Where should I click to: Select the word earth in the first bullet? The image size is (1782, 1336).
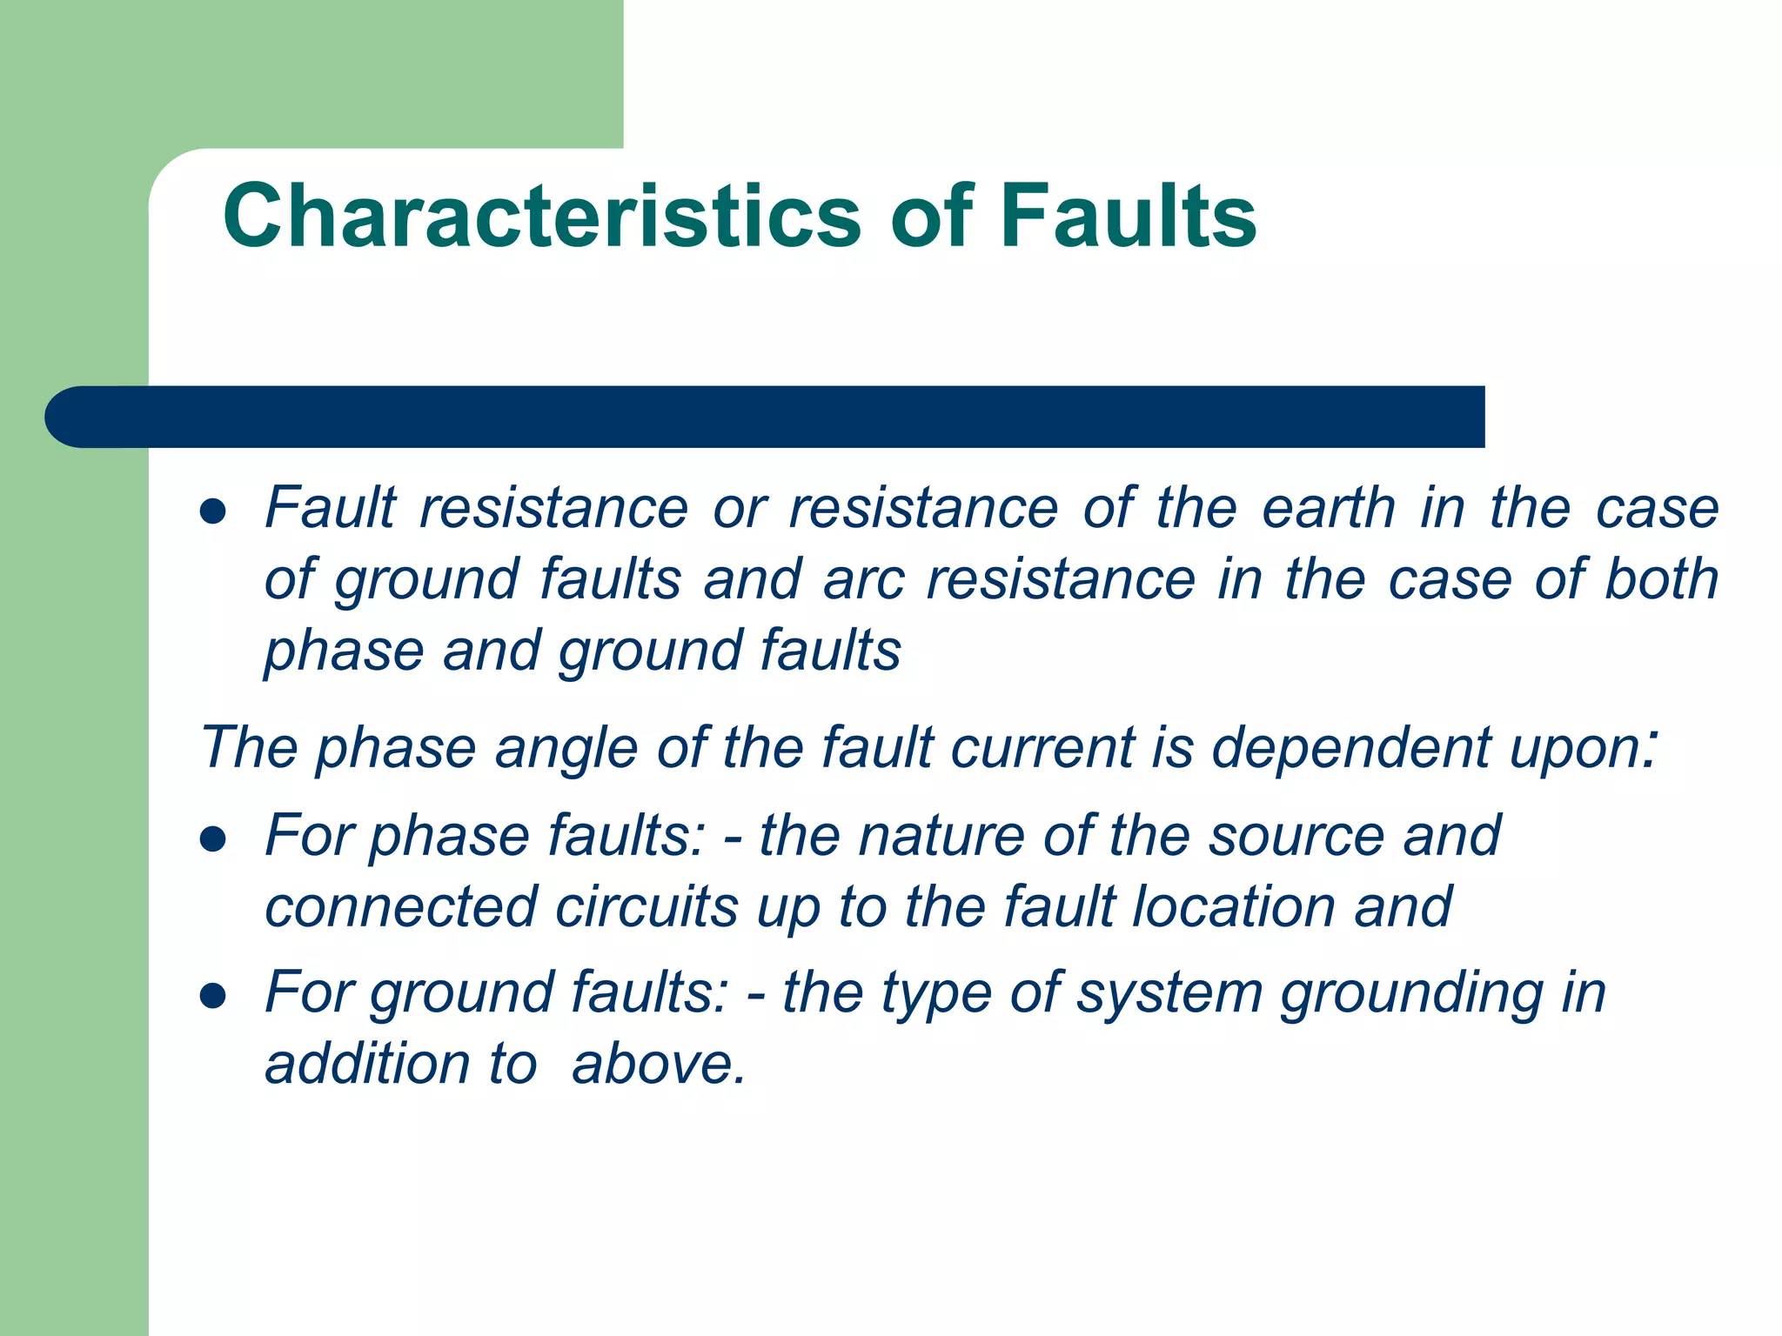pyautogui.click(x=1328, y=508)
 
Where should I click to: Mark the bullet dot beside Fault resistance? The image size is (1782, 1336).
pyautogui.click(x=213, y=511)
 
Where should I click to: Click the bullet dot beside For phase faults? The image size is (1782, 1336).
pyautogui.click(x=213, y=839)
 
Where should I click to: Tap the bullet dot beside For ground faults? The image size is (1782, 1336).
pyautogui.click(x=213, y=995)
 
